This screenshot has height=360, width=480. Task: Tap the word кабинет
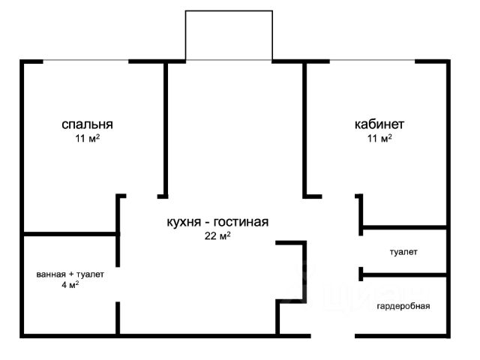tap(379, 124)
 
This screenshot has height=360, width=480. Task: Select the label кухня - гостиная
tap(217, 222)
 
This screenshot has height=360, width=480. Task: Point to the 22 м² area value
tap(217, 235)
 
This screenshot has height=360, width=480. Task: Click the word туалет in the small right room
tap(403, 252)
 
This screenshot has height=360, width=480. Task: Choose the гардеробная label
tap(403, 306)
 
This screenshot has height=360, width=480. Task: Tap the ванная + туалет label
tap(70, 274)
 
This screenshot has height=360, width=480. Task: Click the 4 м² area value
tap(70, 285)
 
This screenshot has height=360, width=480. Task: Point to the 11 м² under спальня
tap(88, 138)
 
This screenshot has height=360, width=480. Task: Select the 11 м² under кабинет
tap(379, 138)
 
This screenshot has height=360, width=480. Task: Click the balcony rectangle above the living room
tap(228, 35)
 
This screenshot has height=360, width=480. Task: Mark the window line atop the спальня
tap(75, 61)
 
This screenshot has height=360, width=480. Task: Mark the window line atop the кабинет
tap(373, 61)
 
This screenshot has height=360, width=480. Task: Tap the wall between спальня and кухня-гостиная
tap(165, 127)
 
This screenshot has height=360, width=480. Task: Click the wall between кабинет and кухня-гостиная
tap(304, 127)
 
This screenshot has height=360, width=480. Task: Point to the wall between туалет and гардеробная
tap(405, 274)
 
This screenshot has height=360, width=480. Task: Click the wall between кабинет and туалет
tap(405, 227)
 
